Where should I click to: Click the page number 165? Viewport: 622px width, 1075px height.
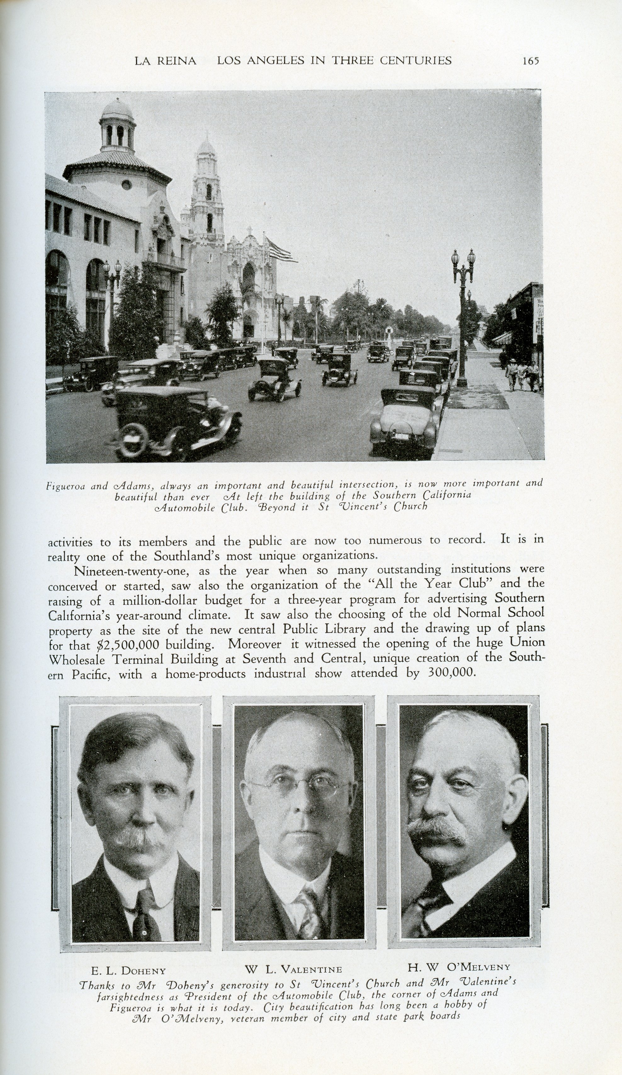[531, 61]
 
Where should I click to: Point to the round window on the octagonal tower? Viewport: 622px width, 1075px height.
[126, 184]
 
